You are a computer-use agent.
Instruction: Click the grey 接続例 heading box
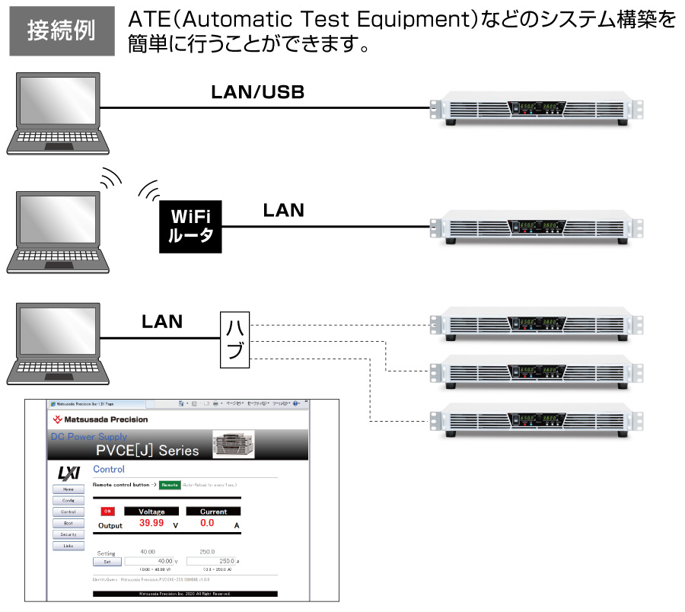(x=62, y=31)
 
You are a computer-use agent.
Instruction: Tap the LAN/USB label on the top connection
(x=257, y=93)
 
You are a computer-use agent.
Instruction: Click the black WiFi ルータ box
(x=190, y=225)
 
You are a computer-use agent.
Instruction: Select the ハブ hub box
(x=234, y=339)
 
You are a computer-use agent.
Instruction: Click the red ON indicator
(x=107, y=512)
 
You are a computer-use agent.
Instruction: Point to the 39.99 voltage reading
(x=151, y=524)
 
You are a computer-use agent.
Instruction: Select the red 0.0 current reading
(x=207, y=524)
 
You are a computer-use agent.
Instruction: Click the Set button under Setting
(x=107, y=562)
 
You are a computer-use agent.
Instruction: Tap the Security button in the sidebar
(x=68, y=534)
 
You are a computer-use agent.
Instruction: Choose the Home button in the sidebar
(x=68, y=489)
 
